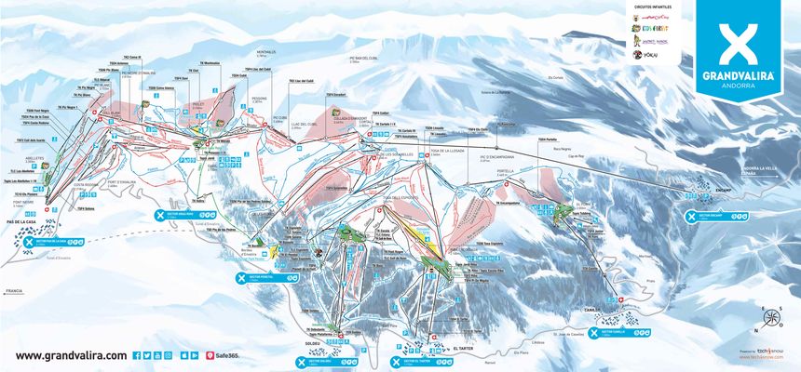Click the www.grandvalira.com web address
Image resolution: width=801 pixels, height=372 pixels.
[x=71, y=355]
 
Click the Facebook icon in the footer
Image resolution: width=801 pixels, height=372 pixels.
[x=136, y=355]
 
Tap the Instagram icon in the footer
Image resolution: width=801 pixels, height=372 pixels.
[x=156, y=355]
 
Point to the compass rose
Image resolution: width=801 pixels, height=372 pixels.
[x=769, y=321]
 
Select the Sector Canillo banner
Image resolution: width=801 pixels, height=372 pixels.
[x=616, y=329]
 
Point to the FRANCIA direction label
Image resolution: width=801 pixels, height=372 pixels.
[x=13, y=291]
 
